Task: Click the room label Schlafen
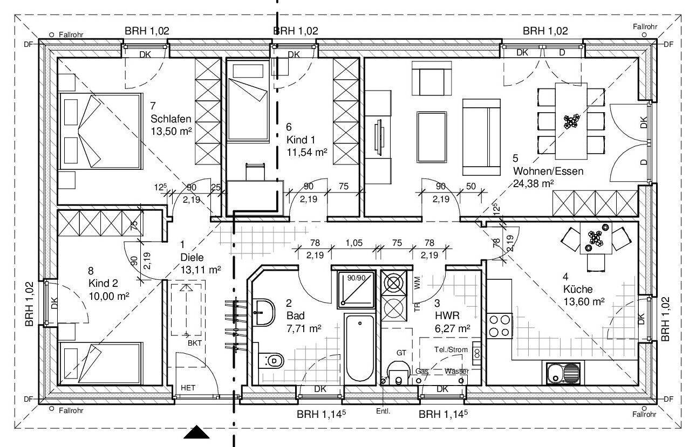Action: (170, 119)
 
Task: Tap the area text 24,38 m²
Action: (534, 183)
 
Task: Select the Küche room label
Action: (578, 289)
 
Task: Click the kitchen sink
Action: (563, 373)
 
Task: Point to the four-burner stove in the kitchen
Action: (500, 326)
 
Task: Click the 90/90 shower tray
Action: (356, 290)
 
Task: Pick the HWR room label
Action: (447, 315)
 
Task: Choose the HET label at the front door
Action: (188, 388)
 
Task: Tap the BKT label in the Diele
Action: (195, 343)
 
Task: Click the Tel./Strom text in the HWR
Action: (451, 349)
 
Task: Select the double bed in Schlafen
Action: (100, 132)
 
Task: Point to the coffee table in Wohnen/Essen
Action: (432, 137)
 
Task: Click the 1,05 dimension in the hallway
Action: (354, 243)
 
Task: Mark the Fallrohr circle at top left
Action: (52, 35)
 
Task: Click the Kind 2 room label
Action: (103, 283)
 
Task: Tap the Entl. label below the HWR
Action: (383, 411)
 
